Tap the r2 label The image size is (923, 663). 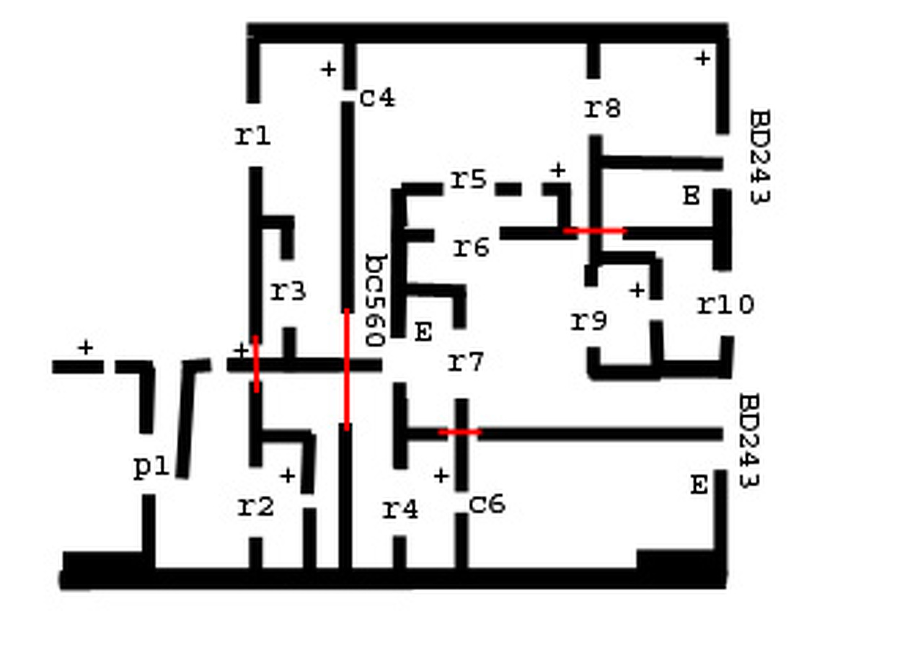(x=256, y=507)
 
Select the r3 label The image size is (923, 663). (x=288, y=291)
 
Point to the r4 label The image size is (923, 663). (x=400, y=510)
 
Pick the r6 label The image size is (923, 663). (x=472, y=247)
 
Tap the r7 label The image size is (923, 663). (x=466, y=362)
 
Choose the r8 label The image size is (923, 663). (x=602, y=108)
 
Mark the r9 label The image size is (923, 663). (x=589, y=321)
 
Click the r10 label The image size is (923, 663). (x=725, y=305)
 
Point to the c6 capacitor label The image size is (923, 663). (x=487, y=504)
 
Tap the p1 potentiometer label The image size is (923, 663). (x=151, y=468)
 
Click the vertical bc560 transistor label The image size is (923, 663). (x=376, y=300)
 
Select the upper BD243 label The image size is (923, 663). (x=759, y=156)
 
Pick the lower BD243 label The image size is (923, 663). (x=751, y=440)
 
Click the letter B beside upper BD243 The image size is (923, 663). (x=691, y=195)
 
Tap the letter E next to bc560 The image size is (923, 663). (x=423, y=332)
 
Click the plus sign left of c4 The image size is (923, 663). (x=328, y=69)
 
